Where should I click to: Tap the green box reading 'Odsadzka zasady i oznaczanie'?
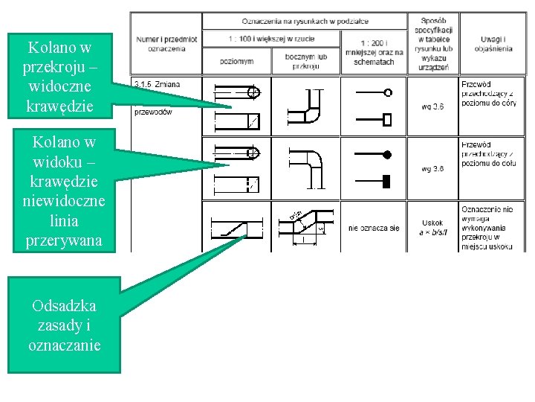coord(64,325)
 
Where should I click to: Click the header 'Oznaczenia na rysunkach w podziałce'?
coord(305,21)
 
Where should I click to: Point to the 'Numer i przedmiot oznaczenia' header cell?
coord(166,42)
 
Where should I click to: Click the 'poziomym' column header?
coord(236,60)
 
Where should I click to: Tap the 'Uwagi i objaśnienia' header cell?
coord(491,43)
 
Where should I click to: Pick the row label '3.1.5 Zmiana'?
coord(157,84)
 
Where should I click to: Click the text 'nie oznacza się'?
coord(374,228)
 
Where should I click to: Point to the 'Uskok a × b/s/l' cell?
coord(432,228)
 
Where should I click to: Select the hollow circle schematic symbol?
coord(388,93)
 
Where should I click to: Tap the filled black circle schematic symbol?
coord(387,155)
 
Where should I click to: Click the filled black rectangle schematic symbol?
coord(387,180)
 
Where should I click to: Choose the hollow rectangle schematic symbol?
coord(387,119)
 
